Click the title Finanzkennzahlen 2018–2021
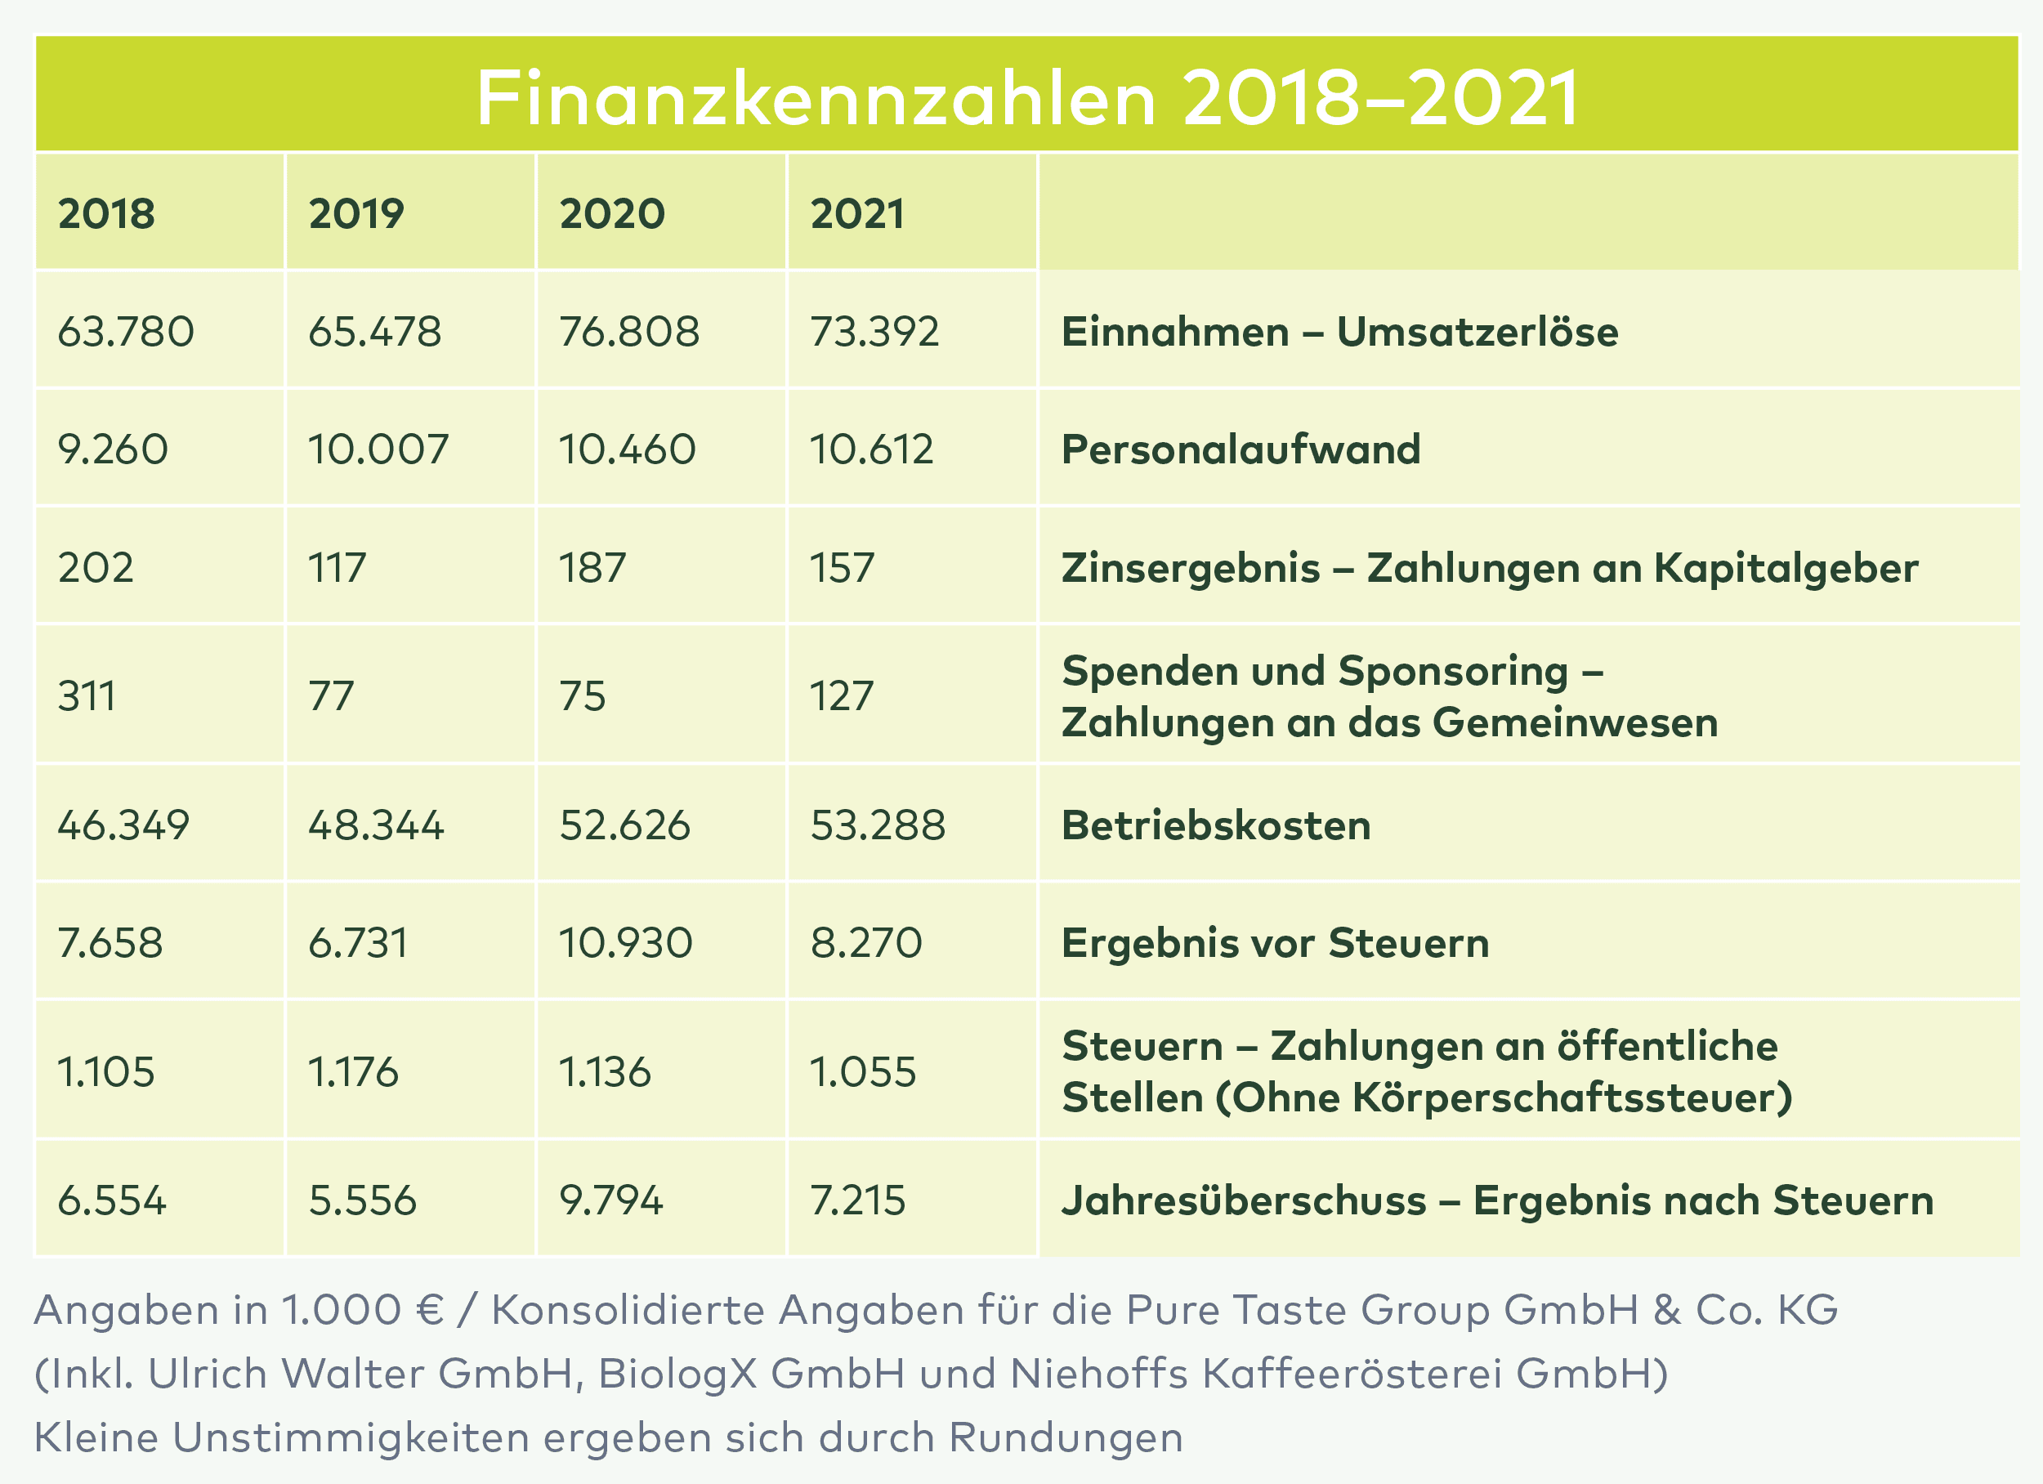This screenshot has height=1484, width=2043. [x=1027, y=97]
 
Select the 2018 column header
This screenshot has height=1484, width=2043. [x=106, y=213]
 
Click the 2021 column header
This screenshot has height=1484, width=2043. [x=856, y=213]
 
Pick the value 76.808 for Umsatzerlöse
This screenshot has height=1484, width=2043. [x=628, y=332]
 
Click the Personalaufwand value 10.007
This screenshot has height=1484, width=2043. [x=378, y=449]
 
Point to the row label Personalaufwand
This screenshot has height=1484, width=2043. [x=1241, y=449]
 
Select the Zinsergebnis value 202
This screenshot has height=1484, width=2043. [x=96, y=568]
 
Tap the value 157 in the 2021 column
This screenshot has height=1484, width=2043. [x=843, y=568]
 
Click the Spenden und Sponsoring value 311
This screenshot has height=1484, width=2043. [x=87, y=695]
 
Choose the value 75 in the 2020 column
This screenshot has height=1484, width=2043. [x=582, y=695]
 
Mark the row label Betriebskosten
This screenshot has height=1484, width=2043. [x=1216, y=825]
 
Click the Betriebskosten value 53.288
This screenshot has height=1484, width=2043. [x=878, y=825]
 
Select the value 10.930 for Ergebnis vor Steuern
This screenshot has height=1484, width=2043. [x=625, y=943]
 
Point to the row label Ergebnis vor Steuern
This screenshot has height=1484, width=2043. [x=1275, y=943]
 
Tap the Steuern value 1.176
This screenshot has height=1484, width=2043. [x=353, y=1072]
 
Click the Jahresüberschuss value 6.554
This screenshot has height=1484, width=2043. [x=112, y=1201]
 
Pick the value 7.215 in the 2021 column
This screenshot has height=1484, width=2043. [x=857, y=1201]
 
